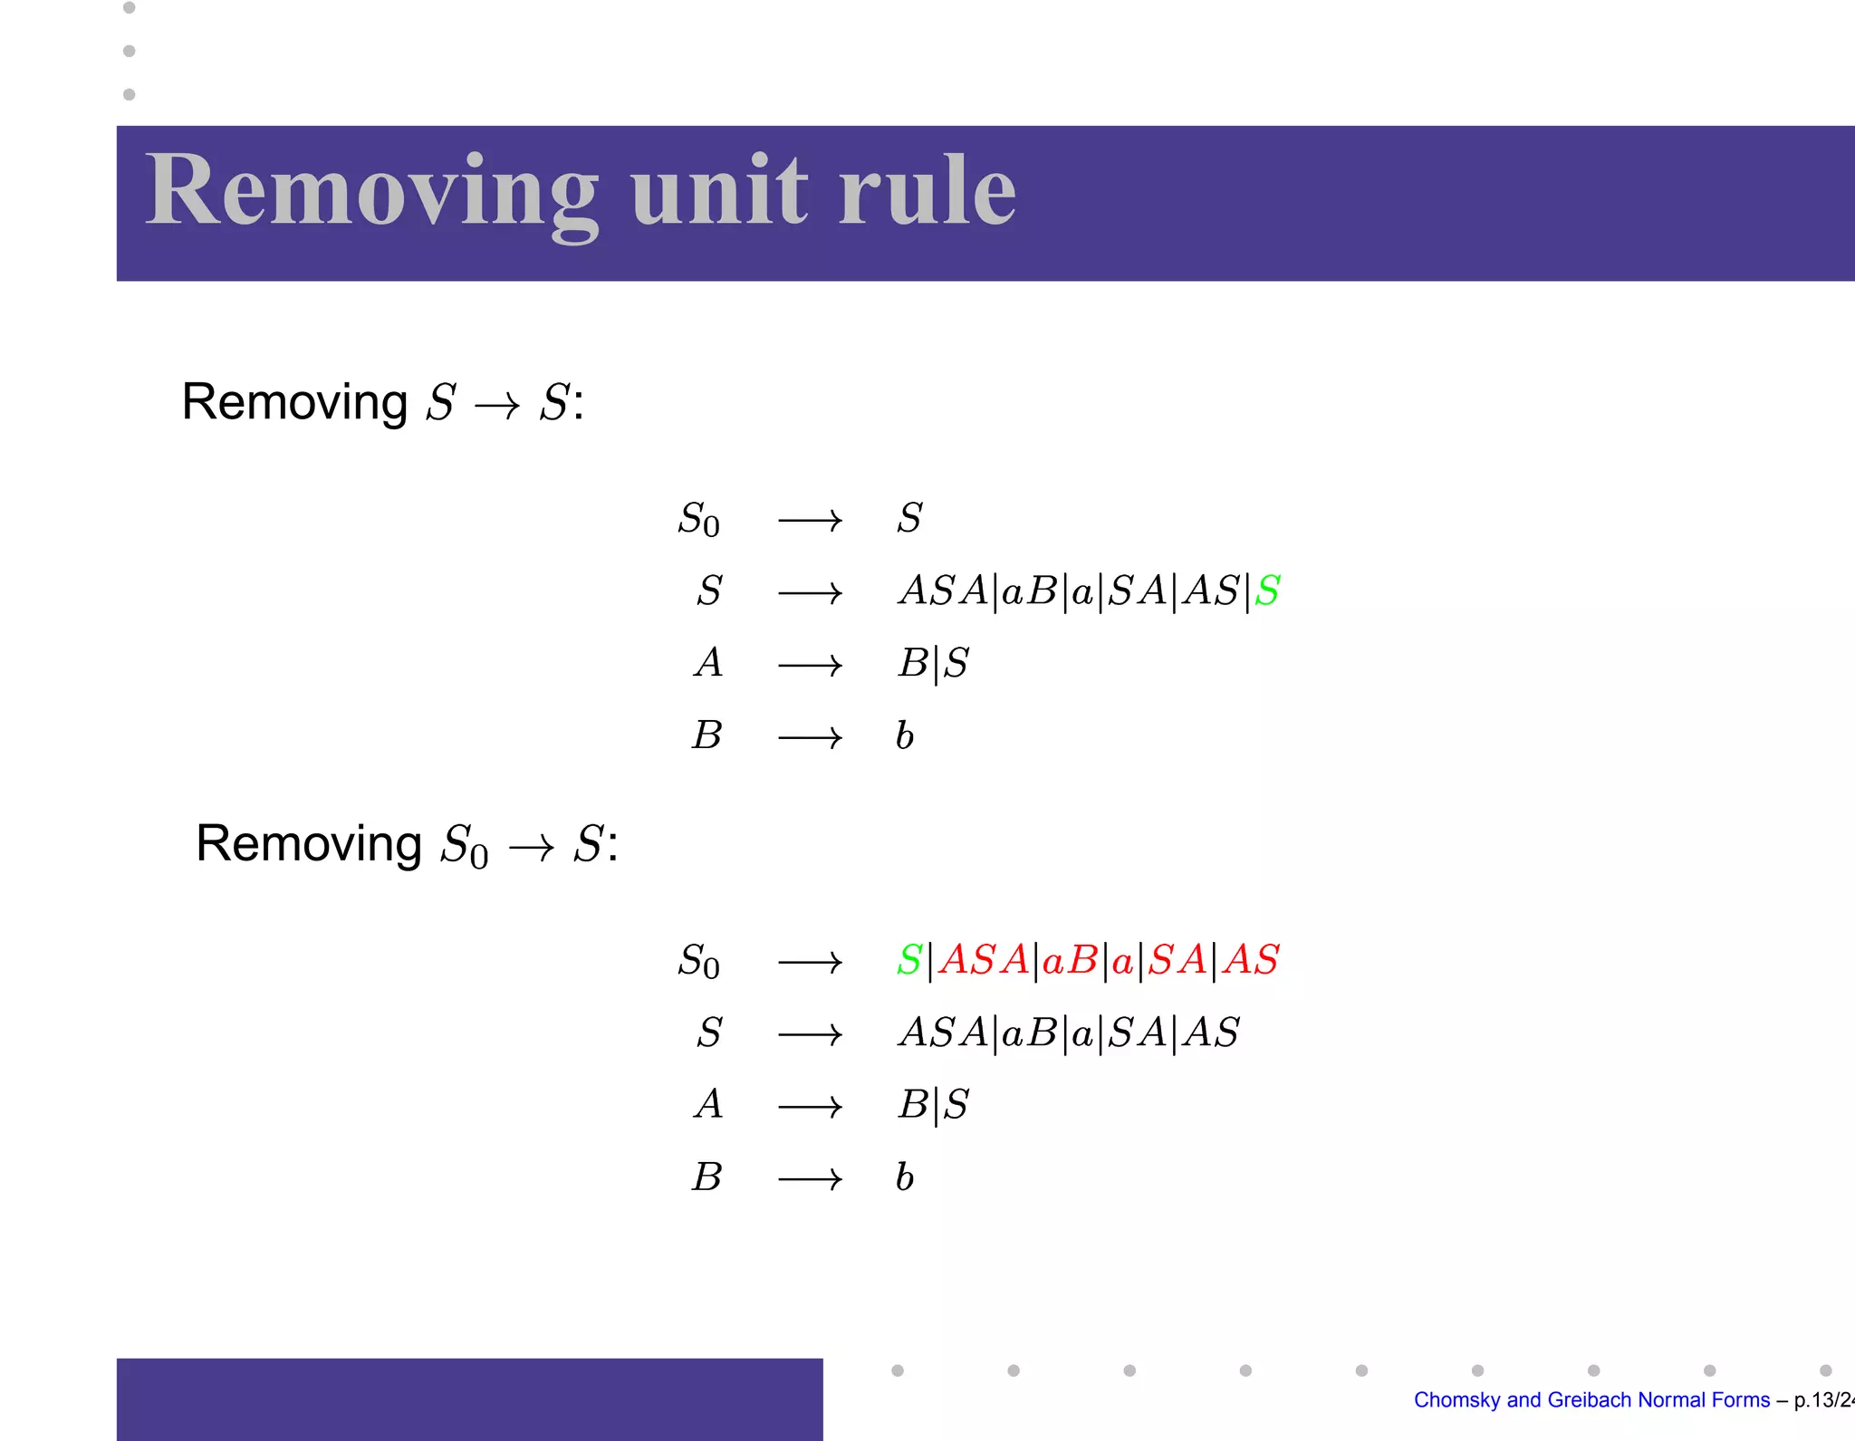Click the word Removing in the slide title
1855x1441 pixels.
coord(371,192)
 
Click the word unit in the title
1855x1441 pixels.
coord(719,192)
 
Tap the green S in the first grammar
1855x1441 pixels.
coord(1267,591)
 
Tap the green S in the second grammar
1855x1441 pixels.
coord(909,960)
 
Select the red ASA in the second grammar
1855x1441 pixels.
coord(984,960)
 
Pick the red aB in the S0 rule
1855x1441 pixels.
coord(1070,960)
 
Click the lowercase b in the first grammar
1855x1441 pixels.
coord(904,735)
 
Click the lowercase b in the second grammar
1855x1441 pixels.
coord(904,1177)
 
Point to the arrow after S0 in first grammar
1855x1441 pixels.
coord(810,521)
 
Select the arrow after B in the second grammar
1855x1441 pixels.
coord(810,1179)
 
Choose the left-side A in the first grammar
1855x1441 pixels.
coord(708,663)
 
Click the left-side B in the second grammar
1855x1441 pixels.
coord(707,1177)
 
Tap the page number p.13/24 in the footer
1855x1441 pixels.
coord(1822,1400)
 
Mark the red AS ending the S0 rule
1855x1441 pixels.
coord(1251,960)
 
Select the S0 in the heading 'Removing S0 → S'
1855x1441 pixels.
coord(464,846)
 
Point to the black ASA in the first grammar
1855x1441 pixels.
coord(943,591)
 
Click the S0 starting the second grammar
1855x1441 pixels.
coord(698,962)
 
